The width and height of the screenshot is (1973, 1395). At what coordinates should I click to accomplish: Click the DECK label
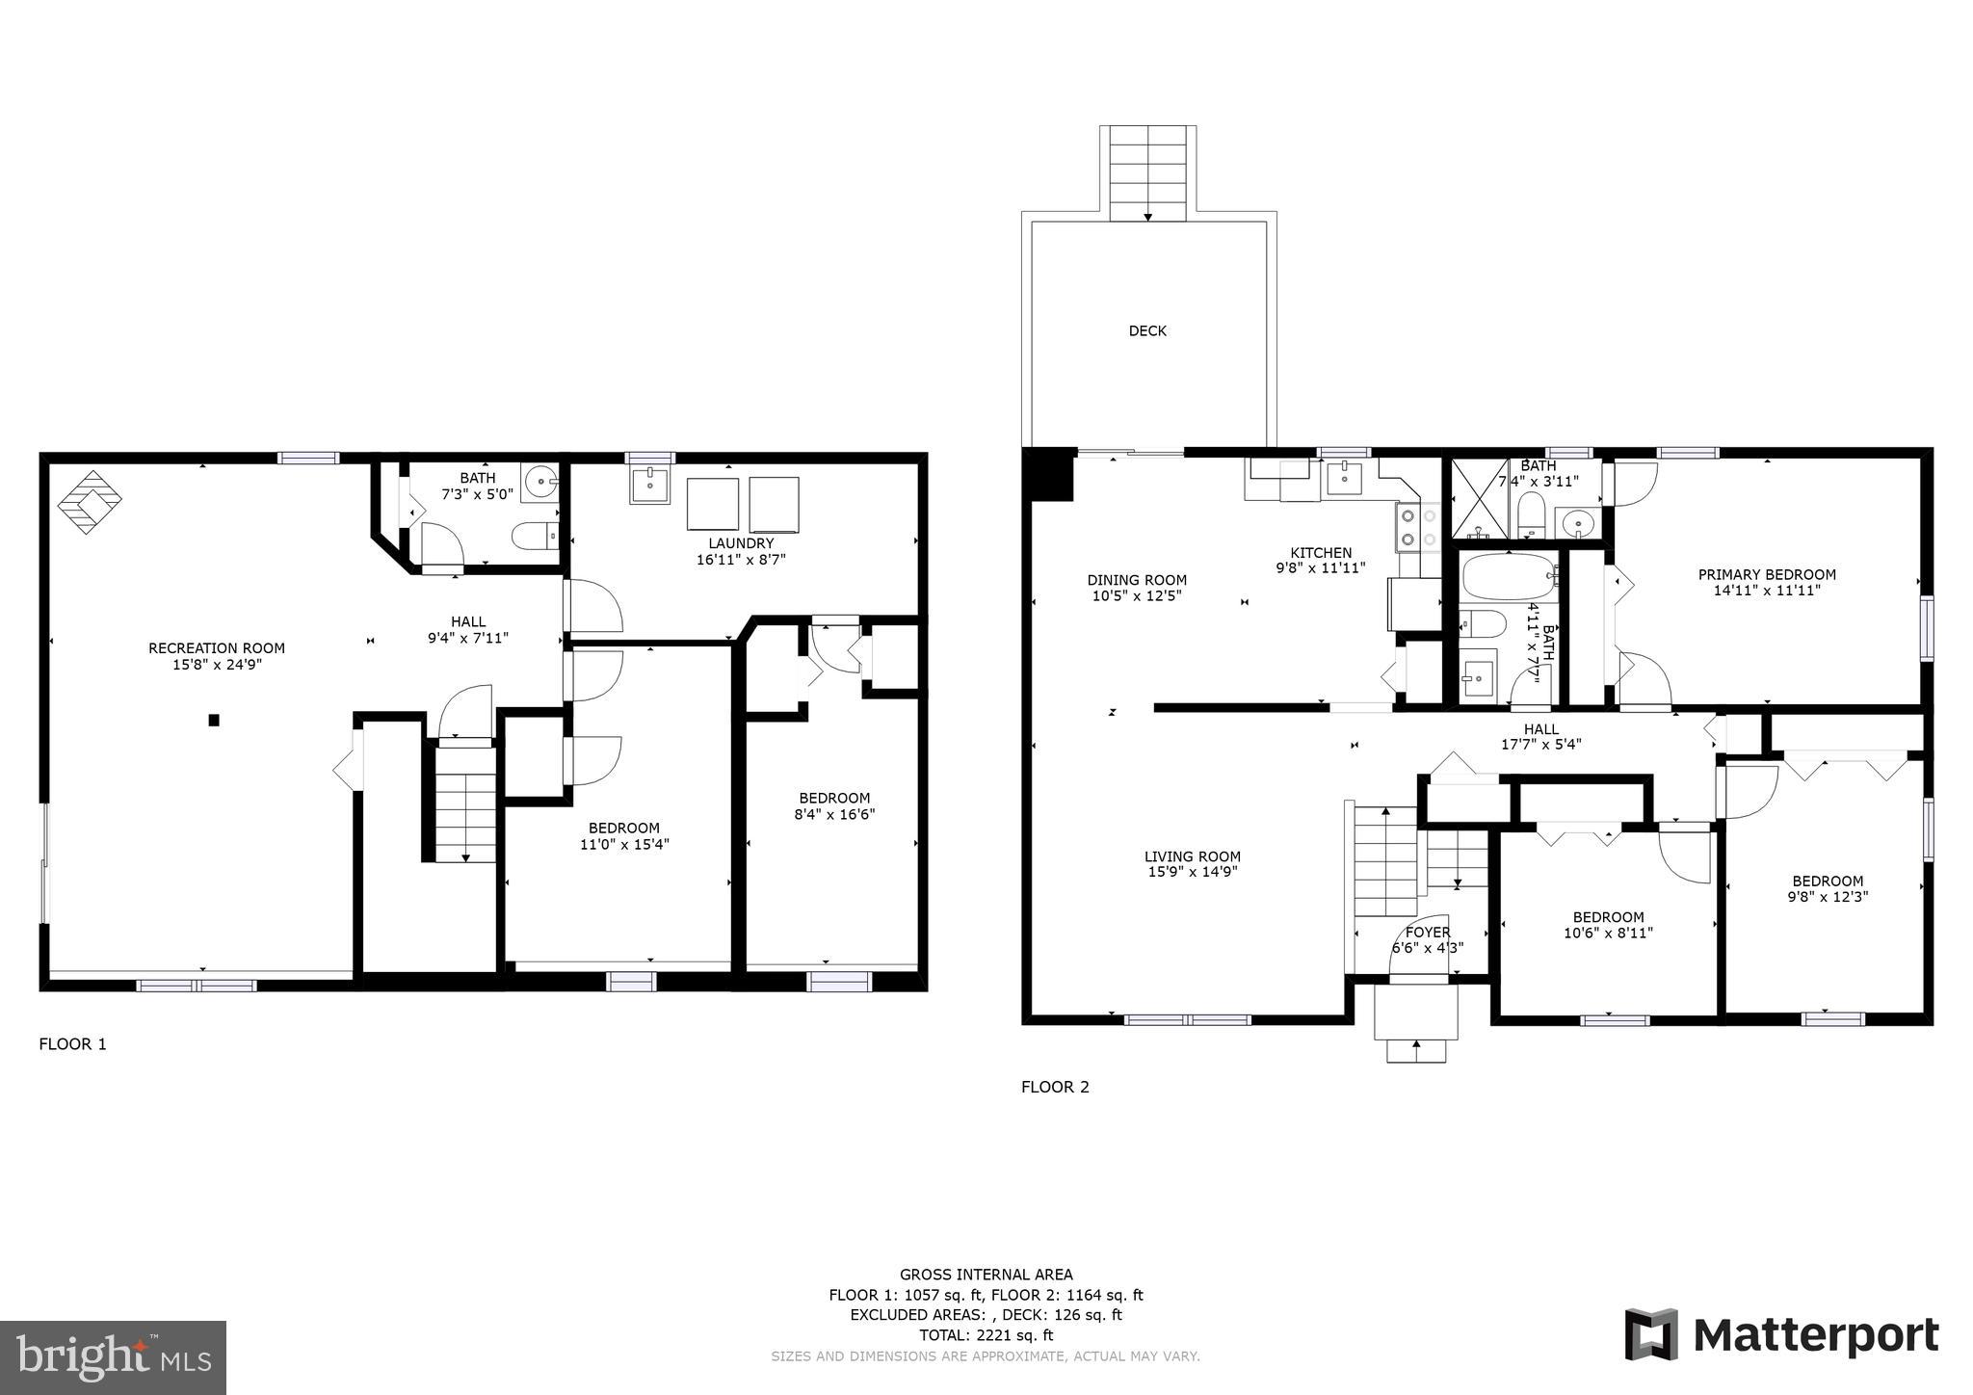tap(1146, 330)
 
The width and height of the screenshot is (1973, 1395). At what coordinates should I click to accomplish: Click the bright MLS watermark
tap(113, 1357)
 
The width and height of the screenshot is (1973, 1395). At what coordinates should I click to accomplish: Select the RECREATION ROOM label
tap(216, 648)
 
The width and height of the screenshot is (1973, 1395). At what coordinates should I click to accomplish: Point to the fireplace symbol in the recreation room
tap(90, 501)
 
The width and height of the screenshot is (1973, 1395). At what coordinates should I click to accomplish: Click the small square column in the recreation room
tap(214, 720)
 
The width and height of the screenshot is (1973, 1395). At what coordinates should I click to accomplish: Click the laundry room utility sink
tap(651, 485)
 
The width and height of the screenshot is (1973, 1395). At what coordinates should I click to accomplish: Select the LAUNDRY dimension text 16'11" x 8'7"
tap(741, 560)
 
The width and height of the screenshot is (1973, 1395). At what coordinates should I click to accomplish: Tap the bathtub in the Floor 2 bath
tap(1509, 577)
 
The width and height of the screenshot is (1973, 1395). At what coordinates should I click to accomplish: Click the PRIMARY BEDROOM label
tap(1766, 574)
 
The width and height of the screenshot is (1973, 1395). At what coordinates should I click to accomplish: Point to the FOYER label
tap(1427, 932)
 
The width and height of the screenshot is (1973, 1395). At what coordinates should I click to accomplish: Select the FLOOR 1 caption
tap(72, 1043)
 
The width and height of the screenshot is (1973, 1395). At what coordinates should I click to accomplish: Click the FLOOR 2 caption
tap(1055, 1087)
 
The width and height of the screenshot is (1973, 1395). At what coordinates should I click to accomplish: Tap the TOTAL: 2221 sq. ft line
tap(986, 1335)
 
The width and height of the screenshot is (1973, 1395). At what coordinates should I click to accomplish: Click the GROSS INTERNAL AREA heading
tap(986, 1275)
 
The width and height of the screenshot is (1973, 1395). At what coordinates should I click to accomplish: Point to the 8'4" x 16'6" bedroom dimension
tap(834, 814)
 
